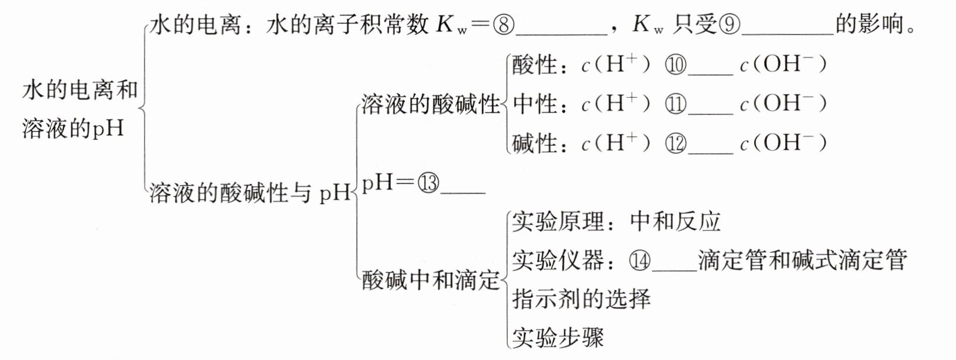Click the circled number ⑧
[504, 25]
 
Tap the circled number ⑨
[730, 25]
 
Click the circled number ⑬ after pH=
[428, 184]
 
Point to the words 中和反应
[676, 222]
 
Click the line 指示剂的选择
[581, 299]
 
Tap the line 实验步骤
[558, 337]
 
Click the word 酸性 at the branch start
[535, 65]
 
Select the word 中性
[535, 104]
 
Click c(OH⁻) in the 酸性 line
[783, 65]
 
